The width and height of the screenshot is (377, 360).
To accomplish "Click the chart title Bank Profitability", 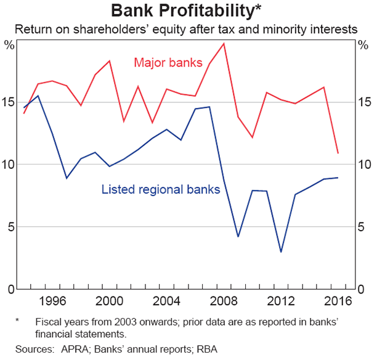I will tap(188, 10).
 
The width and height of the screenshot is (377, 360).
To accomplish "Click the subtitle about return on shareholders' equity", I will tap(188, 28).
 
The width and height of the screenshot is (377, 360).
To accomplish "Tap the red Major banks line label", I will tap(163, 62).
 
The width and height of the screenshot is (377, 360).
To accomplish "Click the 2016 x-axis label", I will tap(337, 301).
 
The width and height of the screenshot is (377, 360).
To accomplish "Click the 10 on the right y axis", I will tap(363, 165).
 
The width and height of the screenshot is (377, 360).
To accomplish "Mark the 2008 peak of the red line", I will tap(223, 43).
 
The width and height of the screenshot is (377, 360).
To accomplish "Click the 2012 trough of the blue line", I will tap(281, 252).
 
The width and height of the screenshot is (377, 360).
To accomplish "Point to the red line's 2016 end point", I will tap(338, 153).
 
